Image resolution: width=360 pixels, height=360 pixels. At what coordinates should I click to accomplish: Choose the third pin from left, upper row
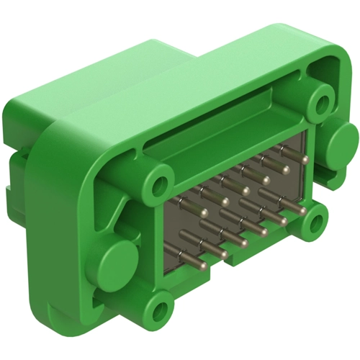(246, 190)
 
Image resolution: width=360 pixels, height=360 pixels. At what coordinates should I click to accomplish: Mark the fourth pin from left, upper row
(266, 179)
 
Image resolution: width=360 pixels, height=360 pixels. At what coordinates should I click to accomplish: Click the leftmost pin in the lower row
(204, 266)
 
